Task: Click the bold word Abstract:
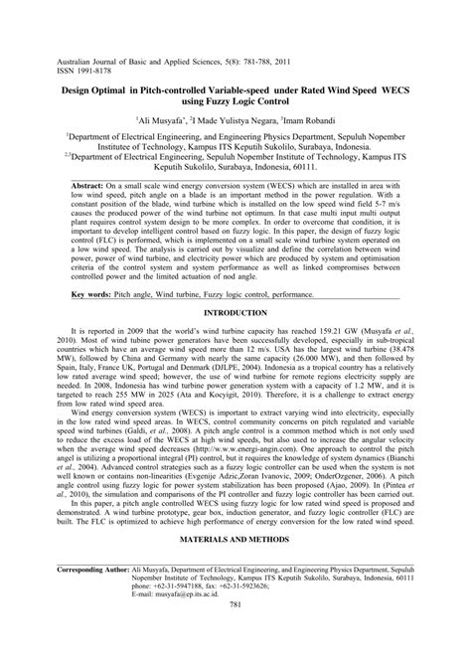point(91,186)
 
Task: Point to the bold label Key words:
point(89,296)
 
